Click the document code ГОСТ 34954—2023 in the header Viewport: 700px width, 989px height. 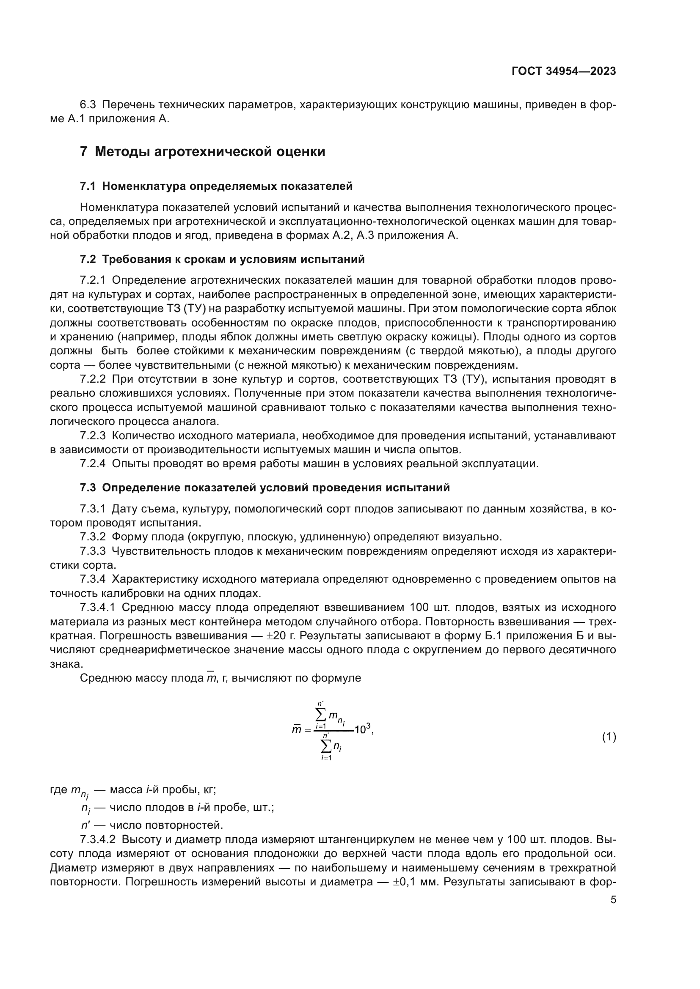[563, 71]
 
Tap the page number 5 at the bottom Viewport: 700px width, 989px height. [613, 899]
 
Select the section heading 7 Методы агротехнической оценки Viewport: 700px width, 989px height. [203, 152]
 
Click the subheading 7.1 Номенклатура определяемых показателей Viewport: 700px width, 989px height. [216, 186]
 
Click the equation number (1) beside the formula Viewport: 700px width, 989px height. [609, 737]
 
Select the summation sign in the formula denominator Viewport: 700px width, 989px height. [326, 745]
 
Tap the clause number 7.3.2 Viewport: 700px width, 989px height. [93, 537]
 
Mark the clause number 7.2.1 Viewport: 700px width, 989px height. [93, 280]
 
